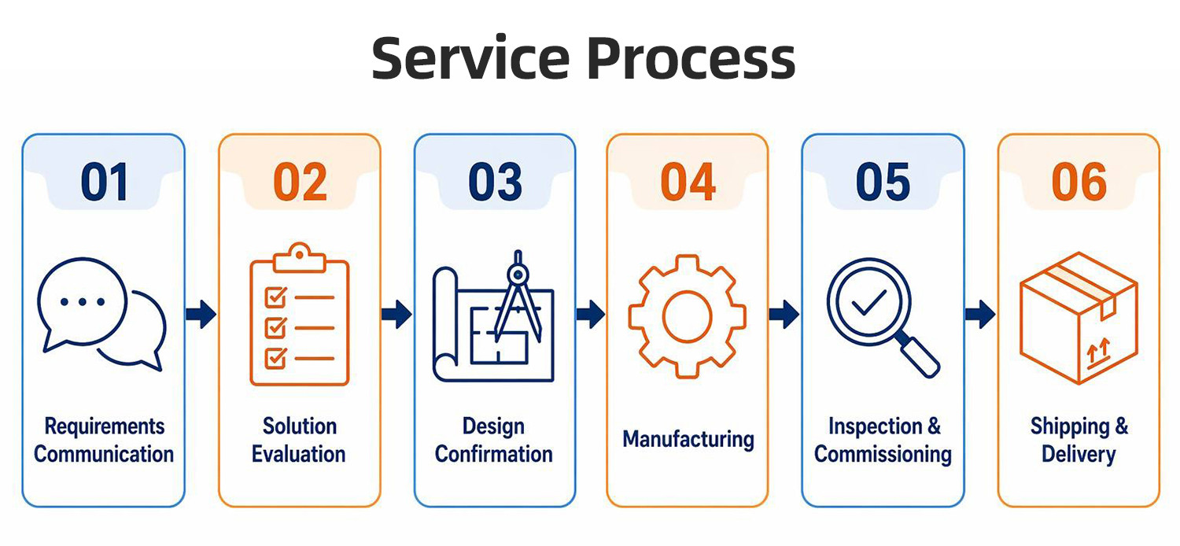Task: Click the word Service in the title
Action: [470, 58]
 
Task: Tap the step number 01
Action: [105, 183]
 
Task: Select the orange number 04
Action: [688, 183]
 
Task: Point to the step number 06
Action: [1079, 183]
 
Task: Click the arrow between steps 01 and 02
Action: [201, 315]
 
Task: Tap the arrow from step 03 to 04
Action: [591, 315]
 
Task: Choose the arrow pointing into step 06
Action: [981, 315]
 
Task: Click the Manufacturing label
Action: [688, 440]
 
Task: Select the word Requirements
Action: [105, 426]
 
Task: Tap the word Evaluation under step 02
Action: [299, 454]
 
